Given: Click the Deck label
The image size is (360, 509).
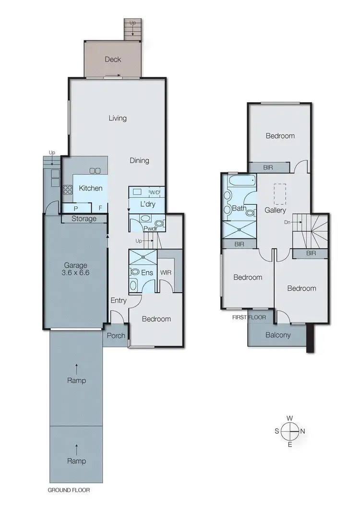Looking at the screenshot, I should (113, 59).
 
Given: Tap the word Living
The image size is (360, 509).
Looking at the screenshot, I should (117, 118).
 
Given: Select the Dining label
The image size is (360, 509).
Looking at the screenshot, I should (139, 161).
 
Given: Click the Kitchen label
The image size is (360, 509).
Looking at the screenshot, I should (91, 188).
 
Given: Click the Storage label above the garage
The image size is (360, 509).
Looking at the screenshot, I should (84, 219).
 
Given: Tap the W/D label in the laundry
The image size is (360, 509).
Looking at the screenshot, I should (155, 192).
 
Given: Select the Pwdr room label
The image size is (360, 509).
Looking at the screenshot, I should (150, 229).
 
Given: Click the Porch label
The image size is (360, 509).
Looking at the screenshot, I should (115, 336).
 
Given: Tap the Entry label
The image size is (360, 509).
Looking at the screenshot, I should (118, 300).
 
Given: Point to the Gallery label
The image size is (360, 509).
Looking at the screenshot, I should (275, 210).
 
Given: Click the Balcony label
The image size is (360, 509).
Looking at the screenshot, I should (278, 335).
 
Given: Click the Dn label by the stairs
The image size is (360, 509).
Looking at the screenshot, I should (287, 223).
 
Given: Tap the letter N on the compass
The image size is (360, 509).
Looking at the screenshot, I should (302, 431).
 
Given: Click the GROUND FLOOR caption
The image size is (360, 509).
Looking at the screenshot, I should (69, 490).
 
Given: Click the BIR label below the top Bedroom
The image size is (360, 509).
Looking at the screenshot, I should (268, 167).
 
